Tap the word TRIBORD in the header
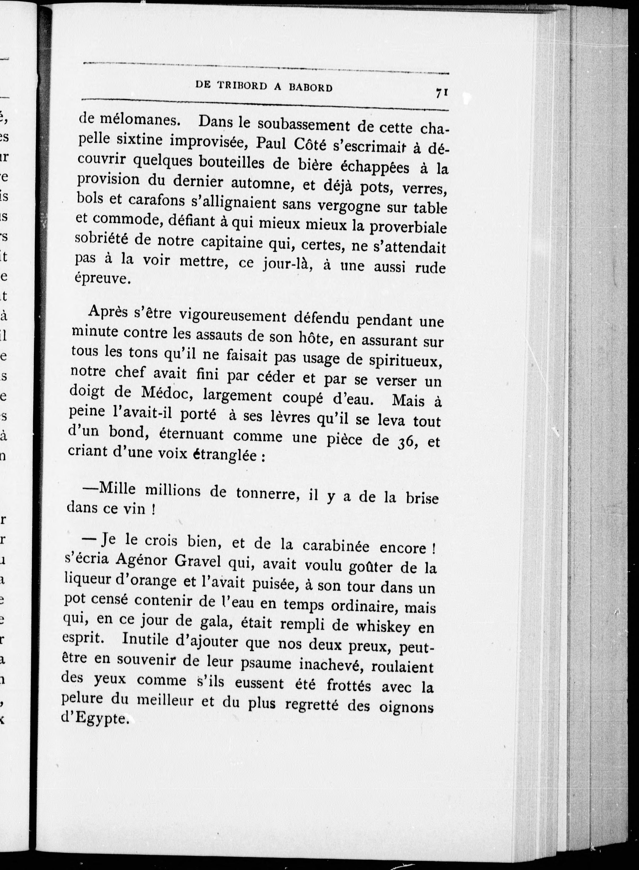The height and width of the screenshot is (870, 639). click(x=242, y=86)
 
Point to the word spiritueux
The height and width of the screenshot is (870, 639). click(x=405, y=361)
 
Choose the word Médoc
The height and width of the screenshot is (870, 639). click(x=168, y=393)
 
